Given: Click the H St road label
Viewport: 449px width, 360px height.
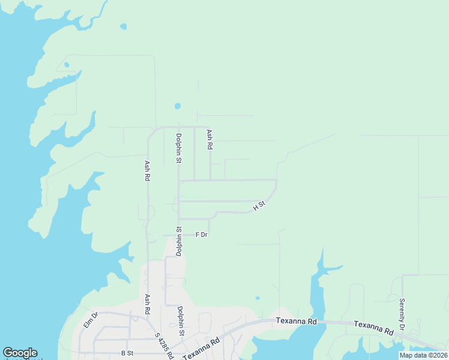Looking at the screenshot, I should tap(259, 206).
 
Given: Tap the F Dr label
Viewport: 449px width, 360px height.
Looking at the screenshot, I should tap(202, 235).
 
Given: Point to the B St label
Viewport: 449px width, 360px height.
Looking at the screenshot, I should tap(127, 353).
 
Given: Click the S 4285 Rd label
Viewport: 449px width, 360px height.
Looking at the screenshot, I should tap(164, 346).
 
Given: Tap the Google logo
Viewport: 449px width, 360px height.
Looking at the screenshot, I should tap(20, 353).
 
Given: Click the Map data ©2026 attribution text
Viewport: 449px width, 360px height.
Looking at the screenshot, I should tap(423, 355).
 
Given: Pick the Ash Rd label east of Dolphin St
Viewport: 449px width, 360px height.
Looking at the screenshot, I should tap(209, 140).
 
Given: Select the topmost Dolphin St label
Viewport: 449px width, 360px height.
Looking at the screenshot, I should tap(178, 148).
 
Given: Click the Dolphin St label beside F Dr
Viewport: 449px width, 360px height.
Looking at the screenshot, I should tap(178, 241).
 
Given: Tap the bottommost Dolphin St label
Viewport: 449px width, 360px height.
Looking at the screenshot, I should tap(180, 321).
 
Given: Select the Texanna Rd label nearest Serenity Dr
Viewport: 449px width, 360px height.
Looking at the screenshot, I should tap(373, 328).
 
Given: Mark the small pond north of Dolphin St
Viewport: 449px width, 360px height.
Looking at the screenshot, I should tap(177, 106).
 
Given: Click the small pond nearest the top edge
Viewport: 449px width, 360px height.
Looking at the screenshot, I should tap(124, 26).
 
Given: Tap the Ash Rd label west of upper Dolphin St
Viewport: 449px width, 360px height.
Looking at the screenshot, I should tap(147, 170).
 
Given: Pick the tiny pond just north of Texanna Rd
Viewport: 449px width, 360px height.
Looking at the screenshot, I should tap(258, 298).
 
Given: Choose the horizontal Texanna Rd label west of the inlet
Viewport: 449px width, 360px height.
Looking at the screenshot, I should tap(296, 321).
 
